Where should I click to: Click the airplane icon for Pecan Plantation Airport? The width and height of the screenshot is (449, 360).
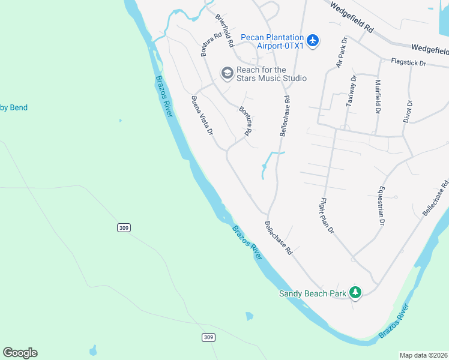tap(312, 41)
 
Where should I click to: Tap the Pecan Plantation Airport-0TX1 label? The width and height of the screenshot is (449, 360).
tap(272, 41)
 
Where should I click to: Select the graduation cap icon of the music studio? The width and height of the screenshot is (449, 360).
tap(227, 73)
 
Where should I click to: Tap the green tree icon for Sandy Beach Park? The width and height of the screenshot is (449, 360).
tap(355, 292)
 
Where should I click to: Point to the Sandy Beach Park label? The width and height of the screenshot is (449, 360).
tap(313, 293)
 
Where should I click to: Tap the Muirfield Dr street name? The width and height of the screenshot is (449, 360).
tap(378, 96)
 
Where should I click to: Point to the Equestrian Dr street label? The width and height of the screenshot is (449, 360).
tap(380, 205)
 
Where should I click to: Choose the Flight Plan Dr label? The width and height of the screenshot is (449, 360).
tap(327, 215)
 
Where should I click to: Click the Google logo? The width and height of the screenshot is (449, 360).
tap(20, 353)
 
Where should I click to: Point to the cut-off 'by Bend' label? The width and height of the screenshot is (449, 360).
tap(14, 108)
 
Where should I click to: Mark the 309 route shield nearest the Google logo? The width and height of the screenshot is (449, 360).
tap(208, 338)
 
